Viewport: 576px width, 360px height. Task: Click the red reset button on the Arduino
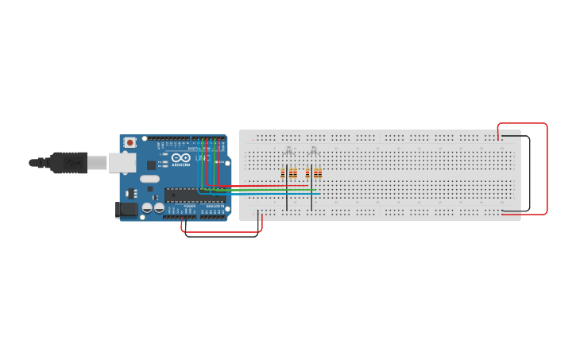tap(130, 142)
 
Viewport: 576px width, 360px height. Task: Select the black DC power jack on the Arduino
tap(124, 210)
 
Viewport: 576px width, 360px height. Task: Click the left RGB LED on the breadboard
tap(288, 151)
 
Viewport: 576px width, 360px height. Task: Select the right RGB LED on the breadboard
tap(313, 151)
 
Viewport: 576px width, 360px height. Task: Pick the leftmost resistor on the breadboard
tap(283, 173)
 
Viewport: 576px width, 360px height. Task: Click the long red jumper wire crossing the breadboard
tap(262, 186)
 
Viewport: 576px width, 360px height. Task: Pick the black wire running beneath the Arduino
tap(222, 236)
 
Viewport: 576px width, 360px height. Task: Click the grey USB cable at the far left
tap(36, 163)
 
